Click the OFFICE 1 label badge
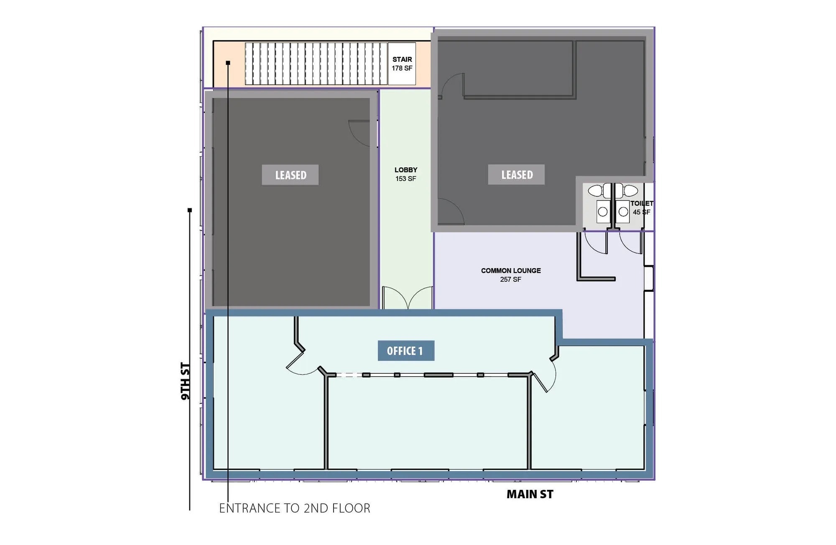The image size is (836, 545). [406, 351]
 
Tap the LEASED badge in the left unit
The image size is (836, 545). [290, 175]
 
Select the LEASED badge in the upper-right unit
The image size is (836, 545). [516, 175]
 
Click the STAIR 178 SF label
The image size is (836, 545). [402, 64]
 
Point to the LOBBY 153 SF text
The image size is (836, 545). [405, 174]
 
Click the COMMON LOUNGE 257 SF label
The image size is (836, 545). [511, 275]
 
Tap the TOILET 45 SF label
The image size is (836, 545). [641, 208]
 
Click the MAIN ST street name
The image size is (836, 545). [530, 494]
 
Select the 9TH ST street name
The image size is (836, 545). [186, 381]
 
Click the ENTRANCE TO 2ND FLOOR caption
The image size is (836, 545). [295, 508]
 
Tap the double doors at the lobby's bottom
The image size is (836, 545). [408, 298]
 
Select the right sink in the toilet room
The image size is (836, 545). [623, 211]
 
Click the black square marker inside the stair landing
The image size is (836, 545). [228, 63]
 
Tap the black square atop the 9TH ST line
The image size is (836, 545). [190, 210]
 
